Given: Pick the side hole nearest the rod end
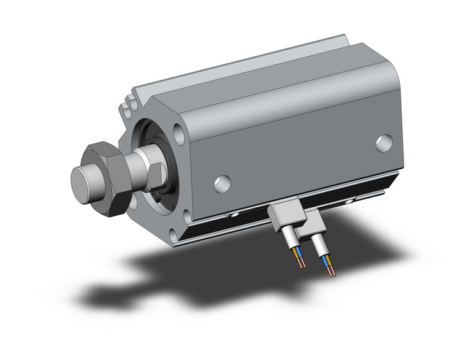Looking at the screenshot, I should (x=223, y=183).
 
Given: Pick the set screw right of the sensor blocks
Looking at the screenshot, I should (x=353, y=199).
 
